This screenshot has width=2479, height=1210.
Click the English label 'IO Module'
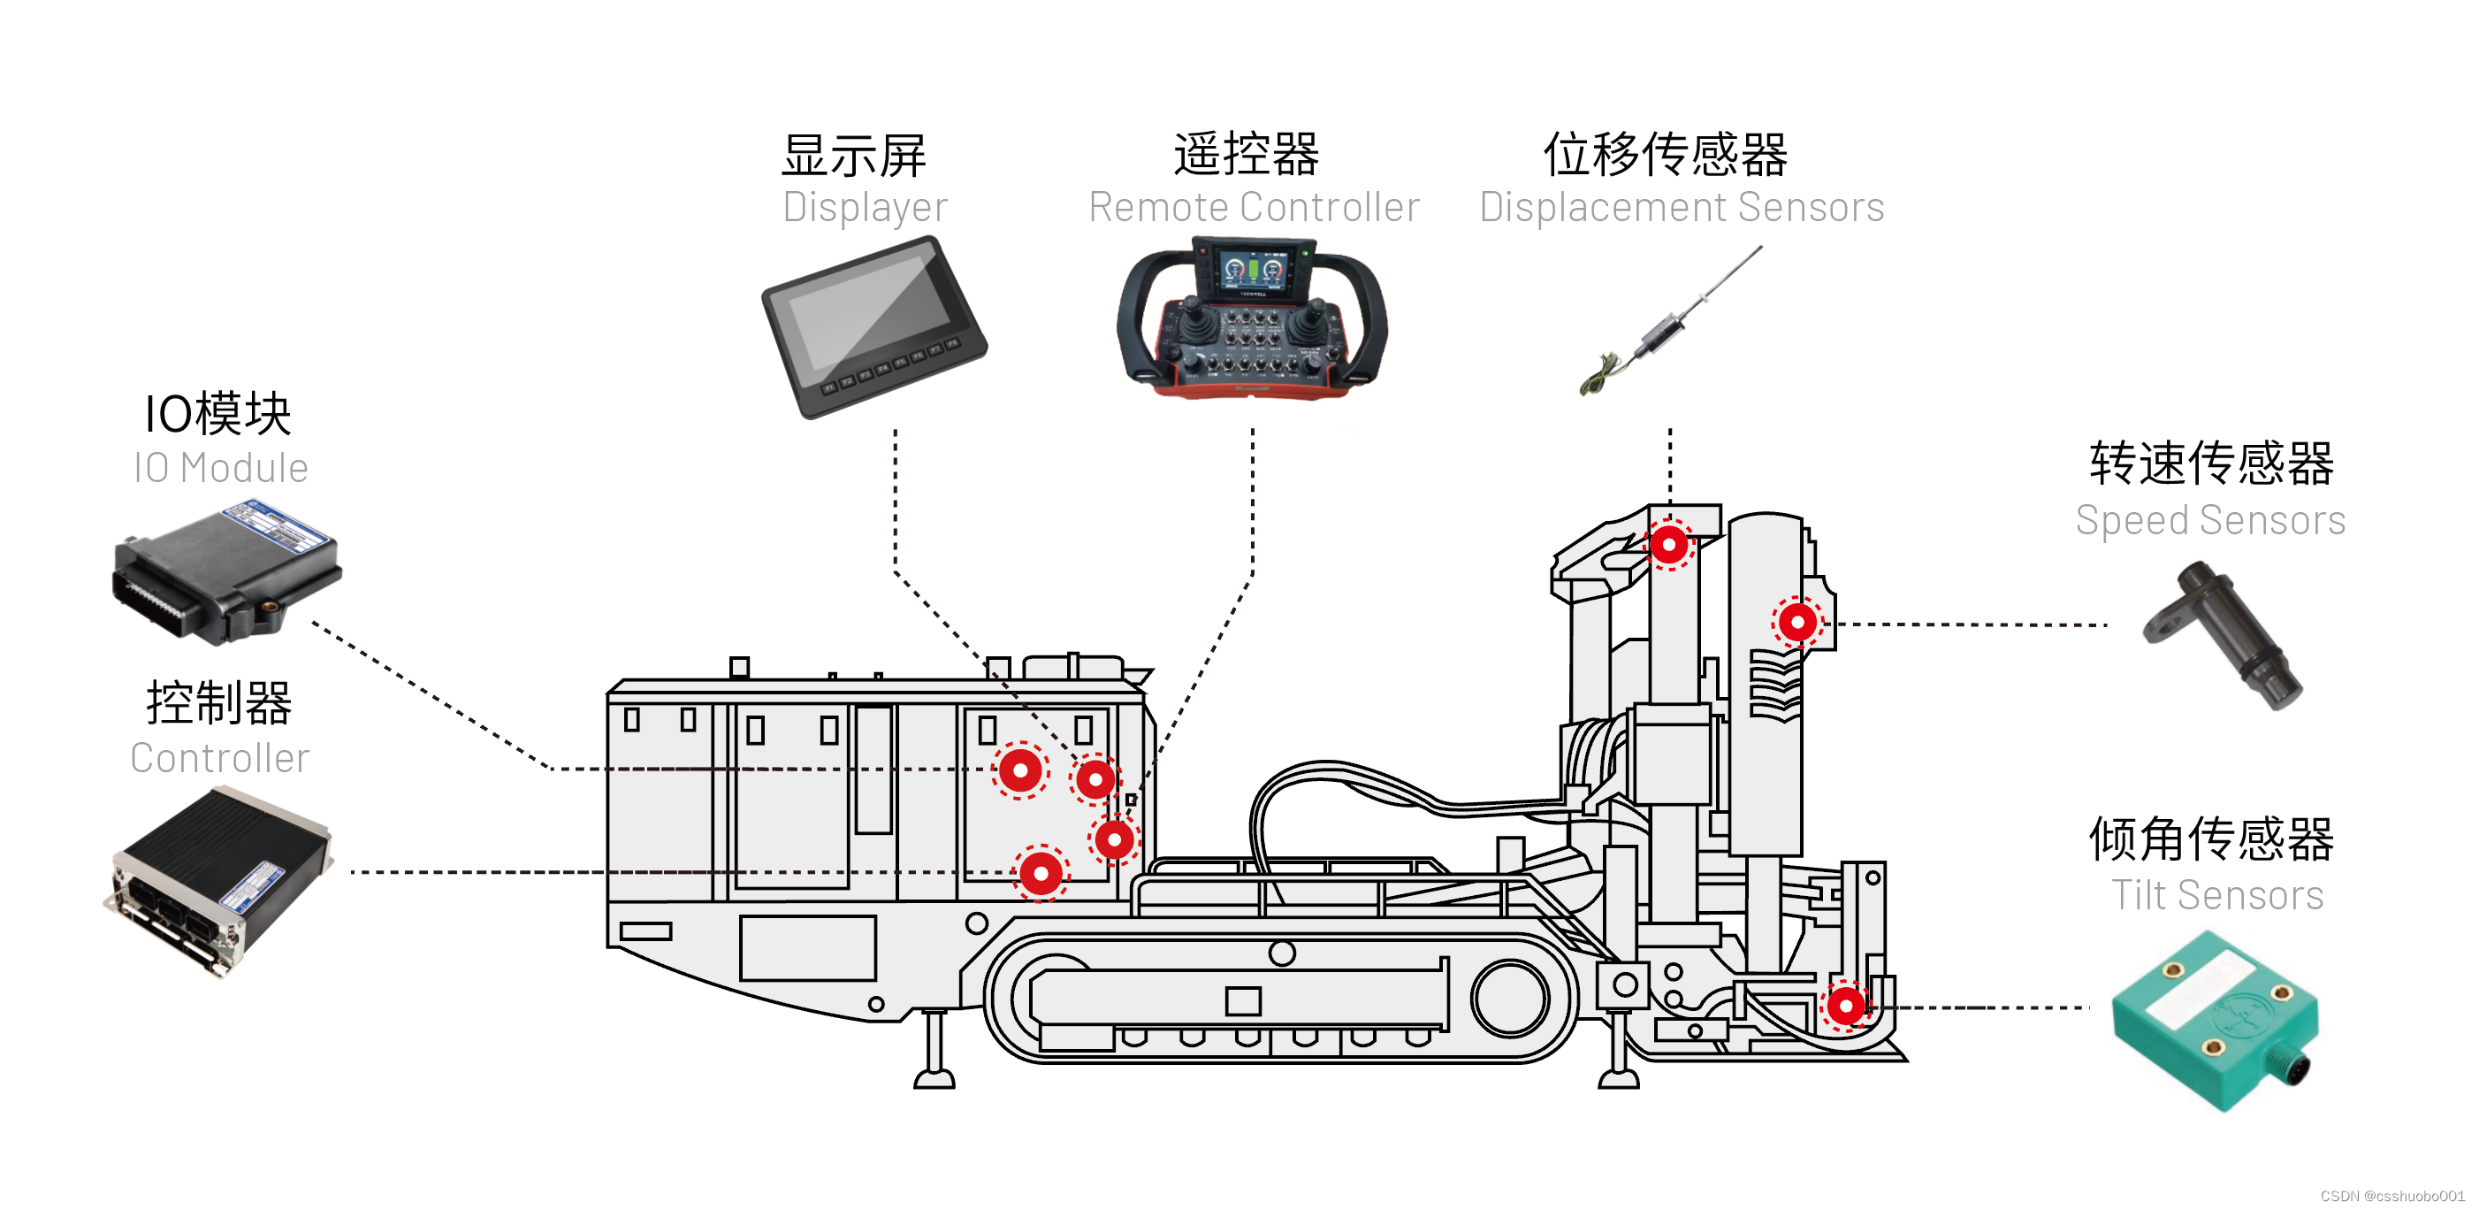pyautogui.click(x=220, y=468)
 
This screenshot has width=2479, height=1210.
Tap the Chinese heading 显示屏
pyautogui.click(x=854, y=155)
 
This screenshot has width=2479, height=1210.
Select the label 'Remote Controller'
pyautogui.click(x=1253, y=207)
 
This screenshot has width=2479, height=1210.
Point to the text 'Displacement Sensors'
pyautogui.click(x=1681, y=207)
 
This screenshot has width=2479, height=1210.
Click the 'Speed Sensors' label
pyautogui.click(x=2209, y=520)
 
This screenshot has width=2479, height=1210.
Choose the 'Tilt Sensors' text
pyautogui.click(x=2216, y=895)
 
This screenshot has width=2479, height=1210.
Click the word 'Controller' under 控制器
pyautogui.click(x=220, y=757)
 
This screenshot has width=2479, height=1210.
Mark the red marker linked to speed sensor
pyautogui.click(x=1796, y=623)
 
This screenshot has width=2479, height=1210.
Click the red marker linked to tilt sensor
pyautogui.click(x=1845, y=1006)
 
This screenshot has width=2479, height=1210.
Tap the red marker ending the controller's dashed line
pyautogui.click(x=1041, y=873)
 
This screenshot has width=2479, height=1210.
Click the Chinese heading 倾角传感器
pyautogui.click(x=2209, y=839)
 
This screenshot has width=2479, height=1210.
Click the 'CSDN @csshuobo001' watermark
pyautogui.click(x=2391, y=1196)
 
